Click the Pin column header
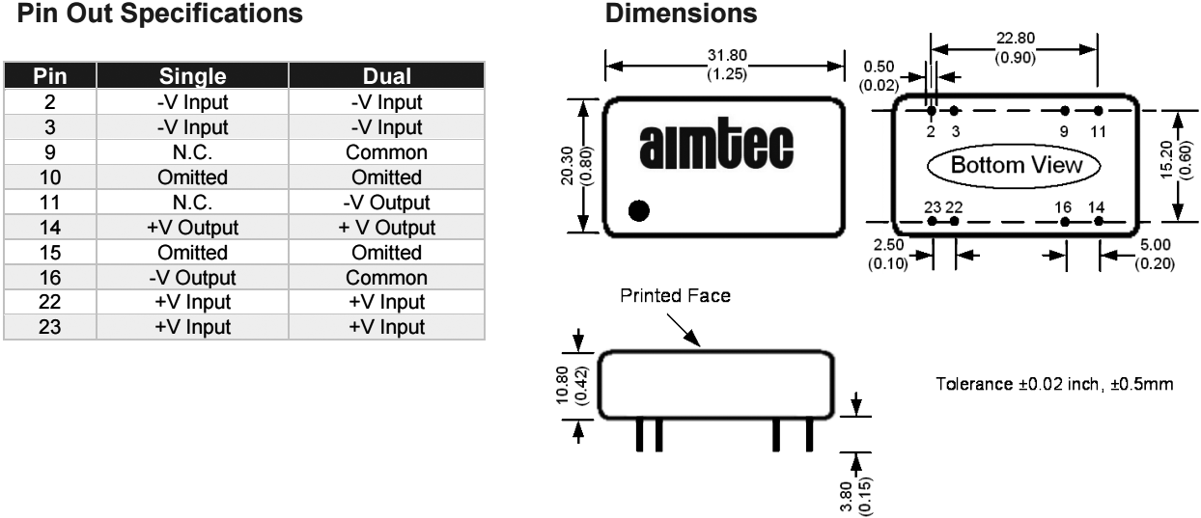point(50,76)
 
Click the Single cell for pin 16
point(196,278)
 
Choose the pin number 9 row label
point(50,152)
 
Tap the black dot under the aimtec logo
point(638,209)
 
